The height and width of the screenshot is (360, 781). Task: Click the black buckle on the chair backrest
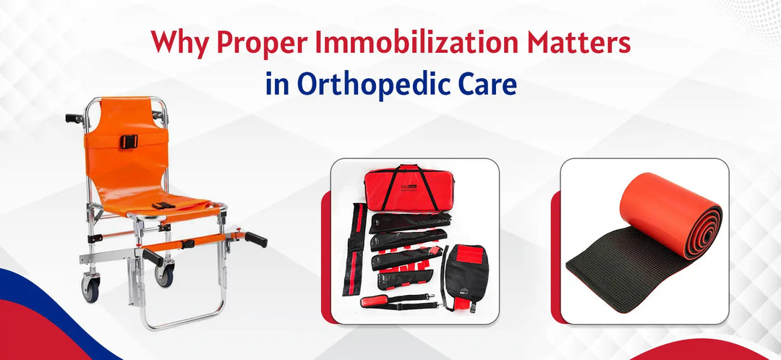tap(128, 142)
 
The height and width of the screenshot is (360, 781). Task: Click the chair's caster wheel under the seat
tap(165, 273)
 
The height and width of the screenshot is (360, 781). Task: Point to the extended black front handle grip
tap(255, 239)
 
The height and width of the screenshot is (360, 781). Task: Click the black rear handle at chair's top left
tap(73, 117)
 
